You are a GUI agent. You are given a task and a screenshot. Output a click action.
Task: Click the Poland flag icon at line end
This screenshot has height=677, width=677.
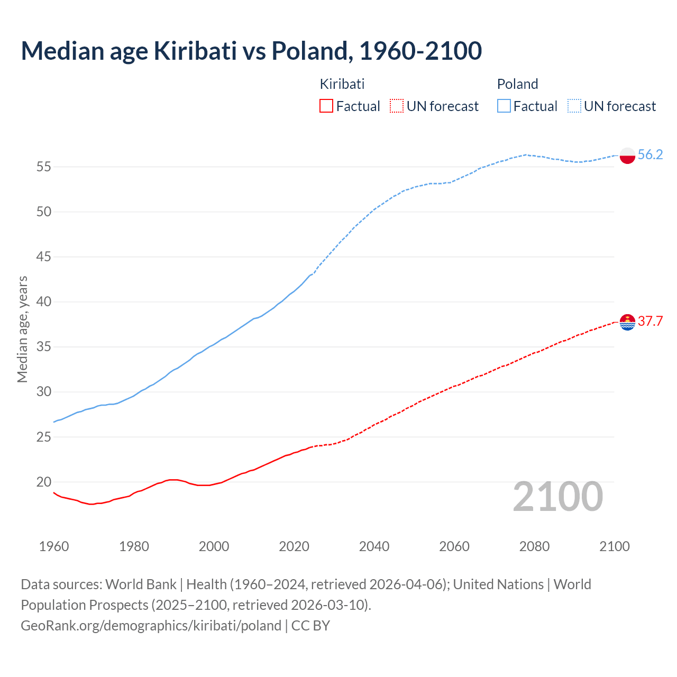click(x=627, y=155)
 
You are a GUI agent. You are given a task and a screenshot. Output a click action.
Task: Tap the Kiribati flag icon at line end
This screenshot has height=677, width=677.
click(x=627, y=322)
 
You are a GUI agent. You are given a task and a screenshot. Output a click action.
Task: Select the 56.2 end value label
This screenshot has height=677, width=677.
click(x=650, y=154)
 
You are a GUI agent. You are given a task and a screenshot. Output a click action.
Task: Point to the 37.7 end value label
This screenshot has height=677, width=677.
click(x=650, y=321)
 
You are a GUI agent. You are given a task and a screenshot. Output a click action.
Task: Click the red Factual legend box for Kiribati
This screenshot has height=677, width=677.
click(x=326, y=106)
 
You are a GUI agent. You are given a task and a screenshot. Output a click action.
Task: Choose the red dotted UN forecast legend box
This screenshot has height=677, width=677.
click(x=397, y=106)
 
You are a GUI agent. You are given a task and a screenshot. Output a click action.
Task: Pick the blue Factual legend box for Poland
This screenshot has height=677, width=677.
click(x=504, y=106)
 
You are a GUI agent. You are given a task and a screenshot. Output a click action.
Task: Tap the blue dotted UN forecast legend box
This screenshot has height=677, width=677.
click(x=574, y=106)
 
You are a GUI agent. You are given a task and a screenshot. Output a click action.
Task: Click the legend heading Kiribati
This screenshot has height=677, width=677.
click(x=342, y=84)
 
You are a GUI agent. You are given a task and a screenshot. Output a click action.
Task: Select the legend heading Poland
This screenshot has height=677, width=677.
click(x=517, y=84)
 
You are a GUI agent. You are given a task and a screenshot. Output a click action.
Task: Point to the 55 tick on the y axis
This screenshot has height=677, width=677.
click(x=43, y=167)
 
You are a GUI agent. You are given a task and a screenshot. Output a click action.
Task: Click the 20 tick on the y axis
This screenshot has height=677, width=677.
click(x=43, y=482)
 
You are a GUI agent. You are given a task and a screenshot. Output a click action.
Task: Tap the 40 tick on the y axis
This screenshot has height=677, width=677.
click(x=43, y=302)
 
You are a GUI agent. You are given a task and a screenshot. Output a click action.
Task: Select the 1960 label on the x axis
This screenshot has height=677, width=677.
click(x=54, y=546)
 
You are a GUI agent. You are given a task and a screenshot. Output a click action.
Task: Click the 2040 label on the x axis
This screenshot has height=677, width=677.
click(x=374, y=546)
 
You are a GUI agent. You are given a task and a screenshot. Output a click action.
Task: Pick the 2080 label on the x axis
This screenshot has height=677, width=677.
click(x=534, y=546)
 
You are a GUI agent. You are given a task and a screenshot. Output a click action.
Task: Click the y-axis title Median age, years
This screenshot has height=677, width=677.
click(x=22, y=329)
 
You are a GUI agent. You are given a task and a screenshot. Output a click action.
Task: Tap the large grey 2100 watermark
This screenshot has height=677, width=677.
click(x=558, y=497)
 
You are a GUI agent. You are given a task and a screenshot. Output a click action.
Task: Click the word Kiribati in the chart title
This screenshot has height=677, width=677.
click(x=195, y=51)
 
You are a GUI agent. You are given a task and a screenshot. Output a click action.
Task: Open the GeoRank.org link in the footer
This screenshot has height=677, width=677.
click(x=151, y=626)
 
